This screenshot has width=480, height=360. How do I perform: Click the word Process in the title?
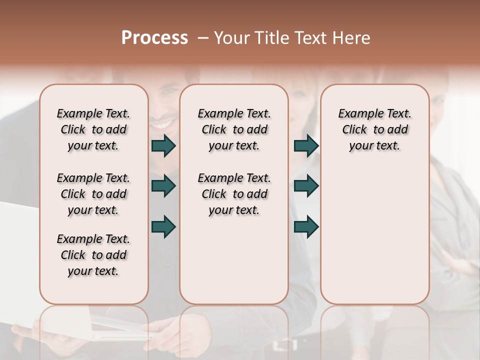point(154,38)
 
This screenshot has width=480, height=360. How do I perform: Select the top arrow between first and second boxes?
point(163,145)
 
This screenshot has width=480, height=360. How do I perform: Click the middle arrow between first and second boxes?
point(163,186)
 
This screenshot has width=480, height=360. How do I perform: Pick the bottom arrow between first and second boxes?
point(163,226)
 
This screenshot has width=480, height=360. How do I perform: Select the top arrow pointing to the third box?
point(306,145)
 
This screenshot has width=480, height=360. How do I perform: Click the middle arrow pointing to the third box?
point(306,186)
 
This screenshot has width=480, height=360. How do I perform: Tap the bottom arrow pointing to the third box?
point(306,226)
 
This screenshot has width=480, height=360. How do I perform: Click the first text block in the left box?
point(93,129)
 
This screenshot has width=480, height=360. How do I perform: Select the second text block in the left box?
point(93,194)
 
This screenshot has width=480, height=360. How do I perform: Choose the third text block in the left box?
point(93,255)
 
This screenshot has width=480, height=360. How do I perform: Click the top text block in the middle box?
point(234,129)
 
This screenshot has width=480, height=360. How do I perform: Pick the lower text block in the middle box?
point(234,194)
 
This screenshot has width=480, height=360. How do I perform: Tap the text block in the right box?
point(375,129)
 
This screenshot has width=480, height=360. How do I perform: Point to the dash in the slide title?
point(203,38)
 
